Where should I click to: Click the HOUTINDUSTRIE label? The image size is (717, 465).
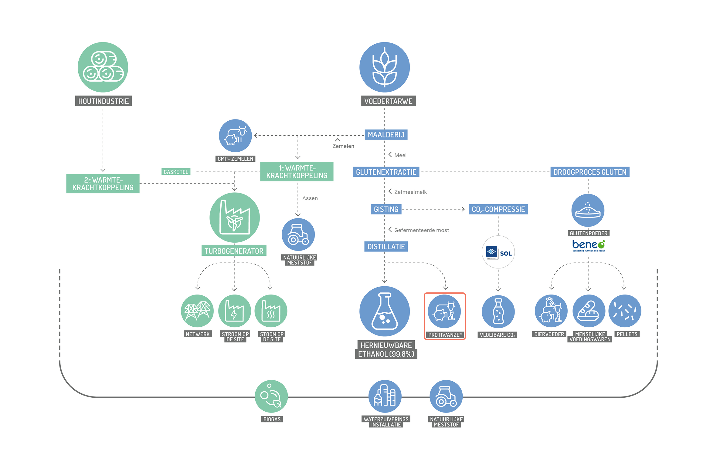(104, 101)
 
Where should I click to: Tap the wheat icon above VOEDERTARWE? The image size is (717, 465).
(385, 67)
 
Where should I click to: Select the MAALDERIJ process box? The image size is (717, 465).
(386, 135)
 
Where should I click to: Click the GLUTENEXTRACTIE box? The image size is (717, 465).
(386, 172)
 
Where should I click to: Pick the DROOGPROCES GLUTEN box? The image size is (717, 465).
(590, 172)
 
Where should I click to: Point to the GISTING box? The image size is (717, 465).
(386, 209)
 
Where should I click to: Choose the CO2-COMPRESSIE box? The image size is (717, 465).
(498, 209)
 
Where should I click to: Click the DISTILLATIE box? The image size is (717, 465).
(386, 247)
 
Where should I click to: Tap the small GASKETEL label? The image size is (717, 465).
(176, 172)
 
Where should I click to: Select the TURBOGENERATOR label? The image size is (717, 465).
(234, 251)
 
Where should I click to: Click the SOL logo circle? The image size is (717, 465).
(498, 252)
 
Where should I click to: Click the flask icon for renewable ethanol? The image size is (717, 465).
(385, 311)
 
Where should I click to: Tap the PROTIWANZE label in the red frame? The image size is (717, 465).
(445, 335)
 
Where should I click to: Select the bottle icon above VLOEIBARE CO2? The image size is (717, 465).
(498, 311)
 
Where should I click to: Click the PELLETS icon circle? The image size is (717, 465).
(625, 311)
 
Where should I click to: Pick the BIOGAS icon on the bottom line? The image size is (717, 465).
(271, 396)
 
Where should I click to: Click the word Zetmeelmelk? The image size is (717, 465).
(410, 192)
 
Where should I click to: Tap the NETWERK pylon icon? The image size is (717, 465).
(197, 311)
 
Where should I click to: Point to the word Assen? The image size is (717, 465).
(310, 198)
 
